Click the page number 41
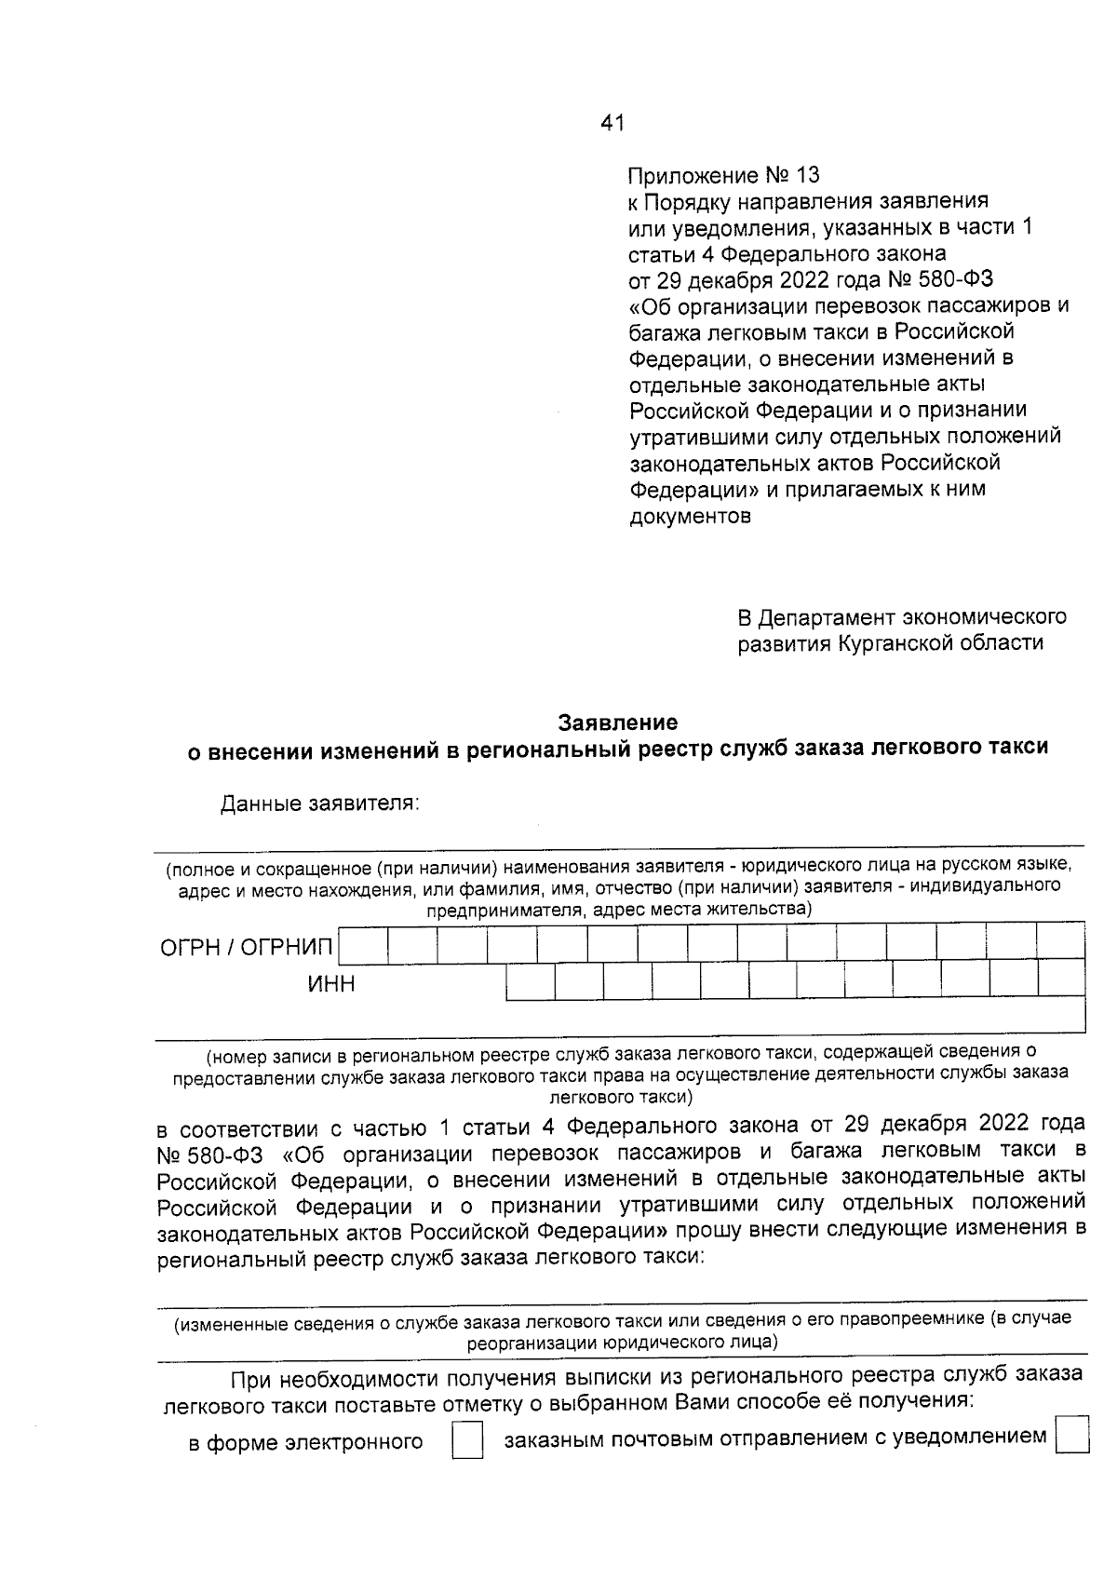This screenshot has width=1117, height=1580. [612, 123]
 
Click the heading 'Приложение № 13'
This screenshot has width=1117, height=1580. [724, 176]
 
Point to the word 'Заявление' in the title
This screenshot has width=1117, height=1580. [618, 722]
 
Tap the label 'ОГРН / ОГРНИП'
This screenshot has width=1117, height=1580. [247, 948]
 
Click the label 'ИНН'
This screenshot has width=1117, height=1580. [332, 984]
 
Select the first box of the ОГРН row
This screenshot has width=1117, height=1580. [363, 945]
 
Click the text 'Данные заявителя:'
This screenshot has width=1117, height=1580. [320, 804]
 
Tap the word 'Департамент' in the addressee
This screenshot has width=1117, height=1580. [814, 617]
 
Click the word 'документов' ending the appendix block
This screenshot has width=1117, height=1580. [691, 516]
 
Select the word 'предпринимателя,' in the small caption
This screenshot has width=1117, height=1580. [505, 910]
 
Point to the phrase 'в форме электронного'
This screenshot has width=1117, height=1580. [306, 1443]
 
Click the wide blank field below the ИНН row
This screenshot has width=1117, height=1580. [796, 1015]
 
